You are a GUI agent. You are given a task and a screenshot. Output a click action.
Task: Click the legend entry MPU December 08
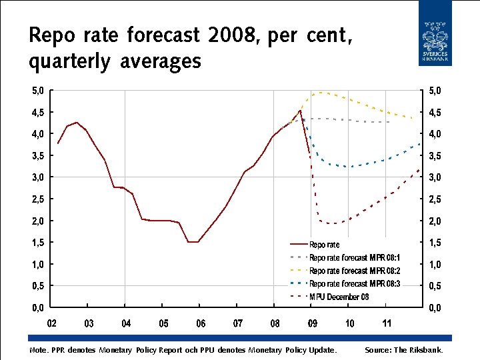tap(339, 297)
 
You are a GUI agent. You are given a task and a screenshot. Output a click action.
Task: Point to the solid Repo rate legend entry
tap(324, 245)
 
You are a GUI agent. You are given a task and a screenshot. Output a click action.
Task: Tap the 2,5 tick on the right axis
tap(434, 199)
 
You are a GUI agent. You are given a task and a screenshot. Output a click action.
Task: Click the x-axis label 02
tap(51, 324)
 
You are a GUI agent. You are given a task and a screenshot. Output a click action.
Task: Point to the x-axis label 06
tap(201, 324)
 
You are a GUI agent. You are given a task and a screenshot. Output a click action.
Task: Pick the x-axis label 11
tap(387, 324)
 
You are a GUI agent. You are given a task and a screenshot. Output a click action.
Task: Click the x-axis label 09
tap(313, 324)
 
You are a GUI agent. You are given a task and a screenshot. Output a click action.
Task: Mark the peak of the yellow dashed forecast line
tap(321, 93)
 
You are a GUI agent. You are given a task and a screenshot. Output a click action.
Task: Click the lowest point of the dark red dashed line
tap(331, 223)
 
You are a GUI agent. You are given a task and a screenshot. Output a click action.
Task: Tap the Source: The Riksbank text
tap(403, 350)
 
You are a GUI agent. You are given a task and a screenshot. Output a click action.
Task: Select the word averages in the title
tap(161, 62)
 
